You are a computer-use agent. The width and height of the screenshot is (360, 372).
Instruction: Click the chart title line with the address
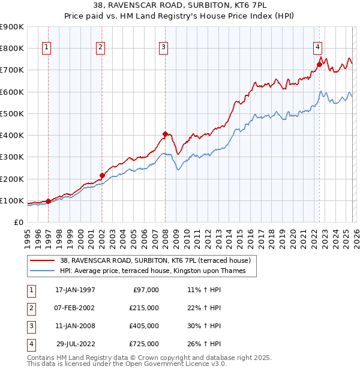180,5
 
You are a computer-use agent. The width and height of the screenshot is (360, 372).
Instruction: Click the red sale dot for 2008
165,134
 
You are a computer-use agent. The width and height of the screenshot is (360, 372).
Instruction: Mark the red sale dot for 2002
102,175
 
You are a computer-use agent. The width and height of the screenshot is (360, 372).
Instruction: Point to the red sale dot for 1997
49,202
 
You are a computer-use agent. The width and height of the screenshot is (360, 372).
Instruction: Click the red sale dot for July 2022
319,64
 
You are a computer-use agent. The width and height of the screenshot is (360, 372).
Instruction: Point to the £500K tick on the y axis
13,113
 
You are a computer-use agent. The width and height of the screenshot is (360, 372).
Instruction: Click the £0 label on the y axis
18,222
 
